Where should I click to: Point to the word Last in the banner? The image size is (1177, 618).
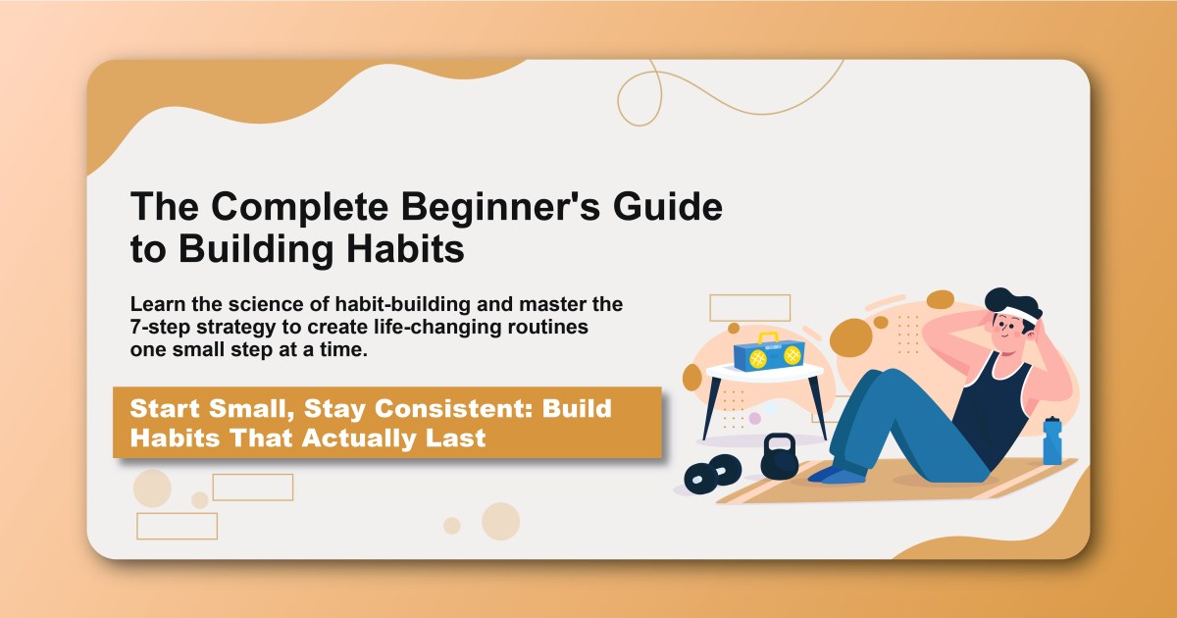(x=455, y=438)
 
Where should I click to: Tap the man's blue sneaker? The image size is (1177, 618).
(x=834, y=475)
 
